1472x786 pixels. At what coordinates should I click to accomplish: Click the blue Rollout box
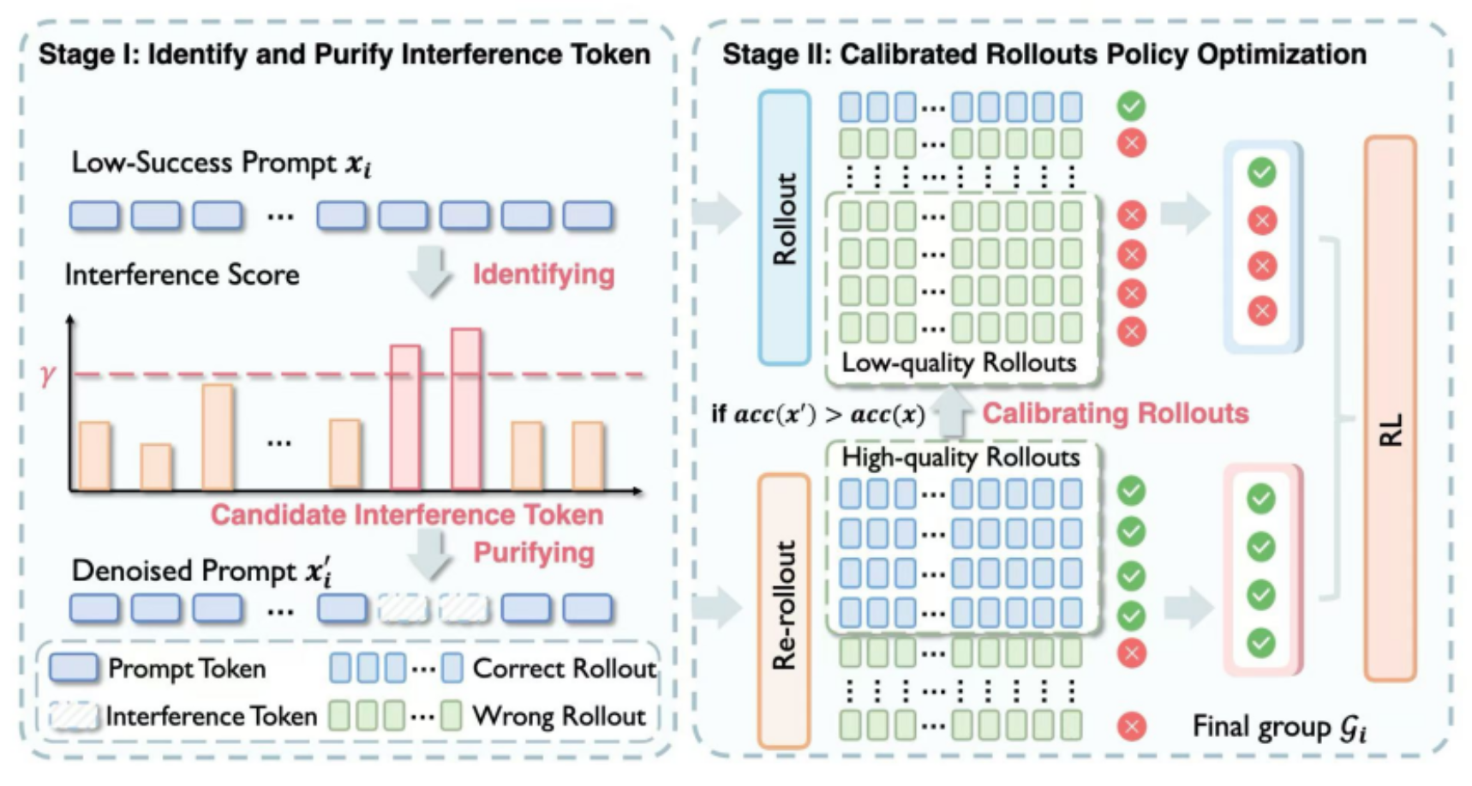pyautogui.click(x=784, y=227)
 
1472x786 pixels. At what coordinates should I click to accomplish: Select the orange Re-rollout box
pyautogui.click(x=784, y=609)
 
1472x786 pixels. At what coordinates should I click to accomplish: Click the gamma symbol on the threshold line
pyautogui.click(x=47, y=375)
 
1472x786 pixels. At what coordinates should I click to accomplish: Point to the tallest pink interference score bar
pyautogui.click(x=466, y=408)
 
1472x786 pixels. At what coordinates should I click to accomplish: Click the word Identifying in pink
pyautogui.click(x=543, y=274)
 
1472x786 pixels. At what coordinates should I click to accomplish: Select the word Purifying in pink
pyautogui.click(x=534, y=553)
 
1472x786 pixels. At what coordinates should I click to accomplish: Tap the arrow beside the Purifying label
pyautogui.click(x=428, y=553)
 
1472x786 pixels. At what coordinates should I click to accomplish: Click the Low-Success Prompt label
pyautogui.click(x=221, y=163)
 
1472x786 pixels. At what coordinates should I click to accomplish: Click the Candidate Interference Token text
pyautogui.click(x=407, y=514)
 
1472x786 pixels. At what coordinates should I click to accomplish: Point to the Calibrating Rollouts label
pyautogui.click(x=1115, y=413)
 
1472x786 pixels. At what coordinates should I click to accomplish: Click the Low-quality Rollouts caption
pyautogui.click(x=959, y=363)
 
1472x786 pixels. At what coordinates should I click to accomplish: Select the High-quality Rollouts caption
pyautogui.click(x=960, y=457)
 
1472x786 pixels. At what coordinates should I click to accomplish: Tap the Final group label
pyautogui.click(x=1279, y=727)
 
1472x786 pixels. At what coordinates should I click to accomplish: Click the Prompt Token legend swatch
pyautogui.click(x=74, y=669)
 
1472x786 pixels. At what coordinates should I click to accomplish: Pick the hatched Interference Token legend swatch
pyautogui.click(x=74, y=716)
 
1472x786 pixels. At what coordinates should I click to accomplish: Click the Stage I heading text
pyautogui.click(x=344, y=54)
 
